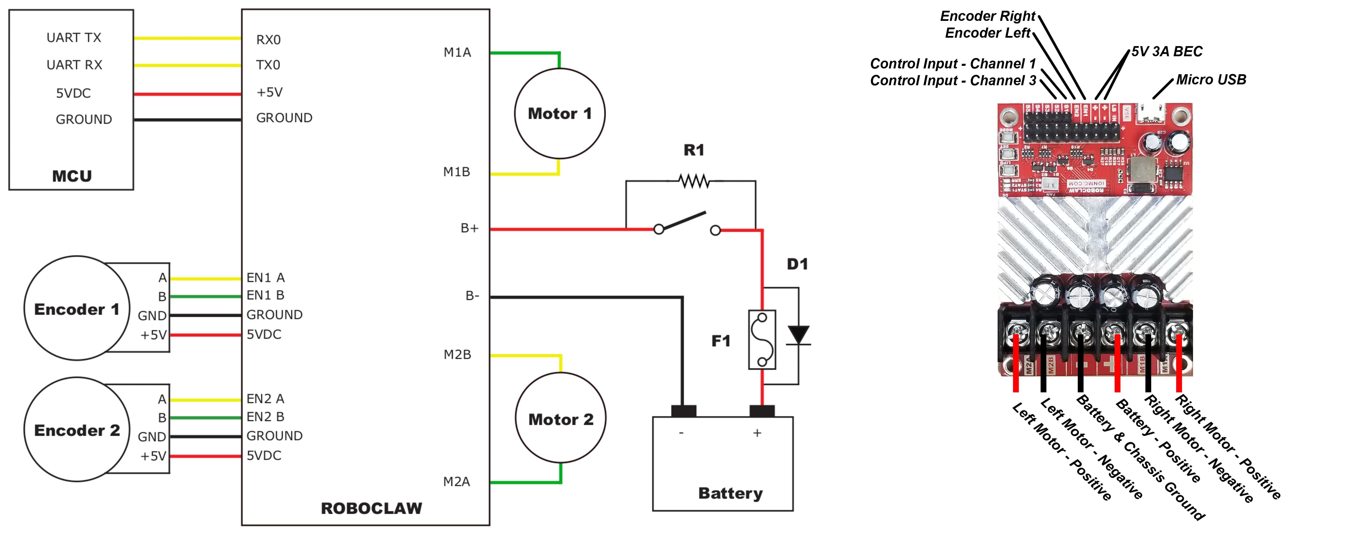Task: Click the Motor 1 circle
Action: click(x=559, y=114)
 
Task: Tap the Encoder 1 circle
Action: click(x=77, y=309)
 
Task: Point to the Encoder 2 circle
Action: click(x=77, y=429)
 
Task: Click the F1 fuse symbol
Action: click(x=762, y=340)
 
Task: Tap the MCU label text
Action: click(x=72, y=176)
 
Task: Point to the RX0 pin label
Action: click(x=268, y=40)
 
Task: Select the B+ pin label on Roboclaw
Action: click(x=469, y=228)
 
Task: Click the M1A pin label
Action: click(x=457, y=52)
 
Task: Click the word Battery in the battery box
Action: click(x=730, y=493)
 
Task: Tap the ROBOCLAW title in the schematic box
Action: click(x=371, y=508)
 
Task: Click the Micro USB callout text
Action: click(x=1211, y=80)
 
